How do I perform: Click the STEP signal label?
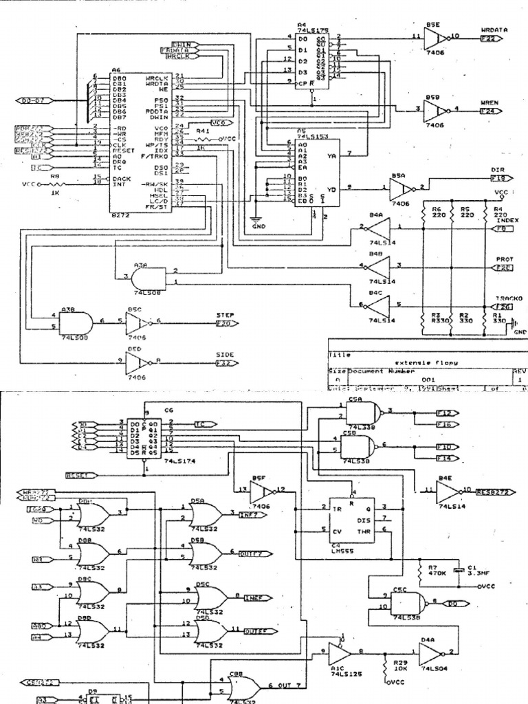(x=225, y=315)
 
